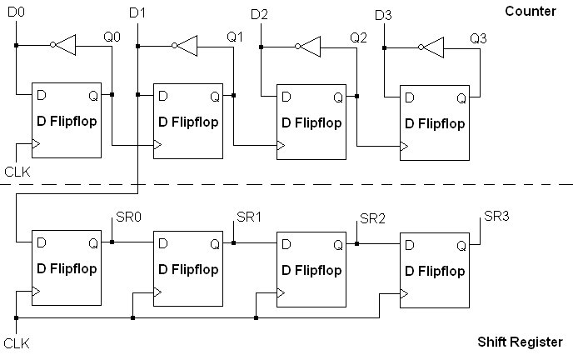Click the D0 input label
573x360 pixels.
pos(17,13)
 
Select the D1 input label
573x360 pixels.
pos(138,13)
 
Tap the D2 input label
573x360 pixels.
pos(260,15)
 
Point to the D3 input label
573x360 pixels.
pos(383,15)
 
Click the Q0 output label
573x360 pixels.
pos(111,37)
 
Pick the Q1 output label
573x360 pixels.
pos(236,37)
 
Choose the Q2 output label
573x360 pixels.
pos(358,38)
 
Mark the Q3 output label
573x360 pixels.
pos(478,38)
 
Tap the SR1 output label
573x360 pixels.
pos(249,217)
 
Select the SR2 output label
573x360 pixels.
pos(371,218)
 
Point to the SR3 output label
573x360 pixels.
pos(496,217)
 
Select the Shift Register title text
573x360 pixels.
pos(520,342)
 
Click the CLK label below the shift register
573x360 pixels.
pos(17,343)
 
